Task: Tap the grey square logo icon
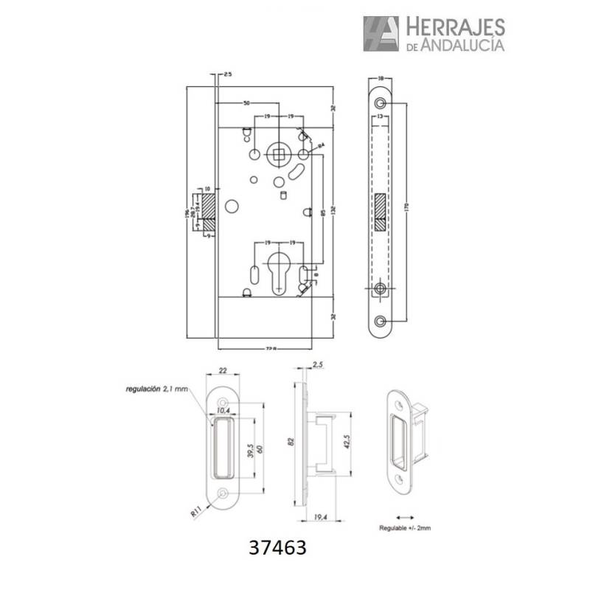pos(381,34)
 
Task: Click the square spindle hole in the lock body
pos(280,155)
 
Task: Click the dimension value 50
pos(246,101)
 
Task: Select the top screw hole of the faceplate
pos(380,103)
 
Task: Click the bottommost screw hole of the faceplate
pos(380,322)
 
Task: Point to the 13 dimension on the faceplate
pos(379,117)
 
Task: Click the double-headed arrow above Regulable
pos(404,517)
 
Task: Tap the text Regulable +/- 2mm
pos(404,529)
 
